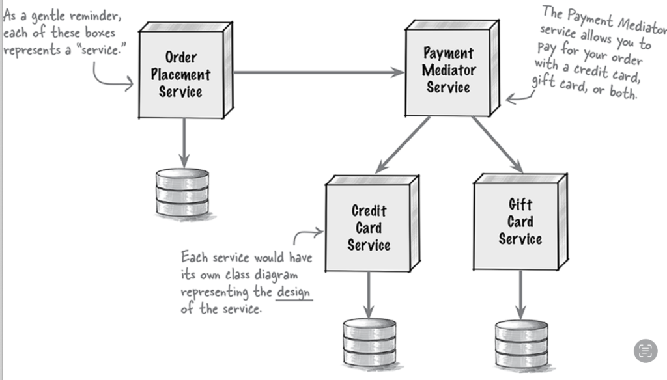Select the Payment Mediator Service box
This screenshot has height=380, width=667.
coord(448,70)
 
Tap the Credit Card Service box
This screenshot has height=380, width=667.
coord(369,228)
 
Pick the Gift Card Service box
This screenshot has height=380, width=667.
coord(520,222)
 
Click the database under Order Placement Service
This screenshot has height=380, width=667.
coord(182,192)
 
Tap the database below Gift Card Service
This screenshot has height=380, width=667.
coord(521,344)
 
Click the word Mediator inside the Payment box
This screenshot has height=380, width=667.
coord(449,70)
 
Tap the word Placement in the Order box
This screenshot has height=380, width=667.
coord(180,74)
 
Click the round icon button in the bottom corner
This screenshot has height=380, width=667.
coord(645,350)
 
